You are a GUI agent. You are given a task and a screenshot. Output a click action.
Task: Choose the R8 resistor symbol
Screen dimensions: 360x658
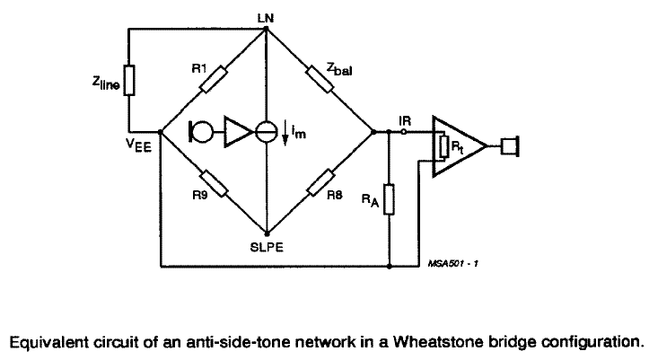coord(320,184)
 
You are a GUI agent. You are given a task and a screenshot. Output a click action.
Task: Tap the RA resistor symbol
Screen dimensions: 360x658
coord(388,198)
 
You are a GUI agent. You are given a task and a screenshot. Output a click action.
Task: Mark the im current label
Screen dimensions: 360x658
coord(295,135)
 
